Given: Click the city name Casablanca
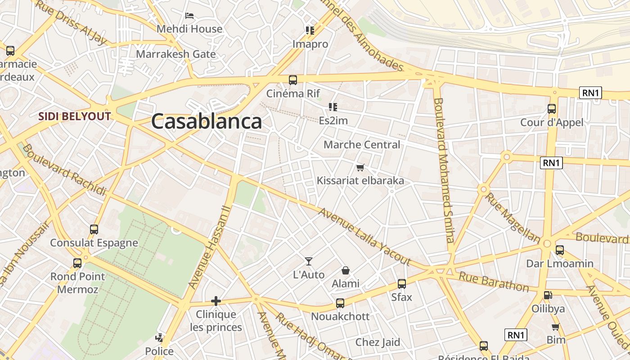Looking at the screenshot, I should coord(206,121).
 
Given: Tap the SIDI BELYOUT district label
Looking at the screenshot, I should coord(74,117).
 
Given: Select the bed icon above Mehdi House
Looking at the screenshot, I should coord(189,16).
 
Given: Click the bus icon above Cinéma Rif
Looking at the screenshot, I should coord(293,80).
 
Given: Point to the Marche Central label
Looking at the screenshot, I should coord(361,145).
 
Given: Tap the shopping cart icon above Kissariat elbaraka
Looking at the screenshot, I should coord(360,168).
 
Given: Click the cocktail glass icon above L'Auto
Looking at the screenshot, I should coord(309,261).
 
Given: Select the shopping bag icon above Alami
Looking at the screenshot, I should coord(345,270).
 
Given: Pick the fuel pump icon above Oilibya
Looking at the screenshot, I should coord(548,295).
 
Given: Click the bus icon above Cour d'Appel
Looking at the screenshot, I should coord(552,108).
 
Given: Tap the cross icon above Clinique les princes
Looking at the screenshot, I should coord(216,301).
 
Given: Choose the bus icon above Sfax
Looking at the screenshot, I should coord(402,284).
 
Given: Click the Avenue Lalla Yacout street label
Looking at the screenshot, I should coord(364,236).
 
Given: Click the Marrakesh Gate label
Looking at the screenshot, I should coord(176,54).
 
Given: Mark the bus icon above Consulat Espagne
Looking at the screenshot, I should coord(94,229).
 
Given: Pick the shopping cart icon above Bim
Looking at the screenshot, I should coord(556,327).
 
